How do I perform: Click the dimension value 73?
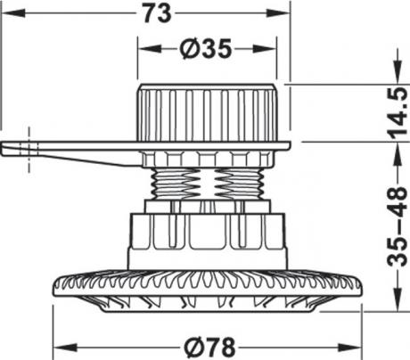[x=158, y=13]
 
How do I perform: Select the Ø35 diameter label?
[x=206, y=49]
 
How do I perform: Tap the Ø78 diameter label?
[x=209, y=348]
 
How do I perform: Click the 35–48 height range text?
[x=398, y=225]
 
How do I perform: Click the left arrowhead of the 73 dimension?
[x=14, y=13]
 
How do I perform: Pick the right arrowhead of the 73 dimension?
[x=277, y=13]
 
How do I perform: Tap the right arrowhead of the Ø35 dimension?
[x=265, y=49]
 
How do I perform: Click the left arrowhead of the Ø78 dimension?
[x=65, y=348]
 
